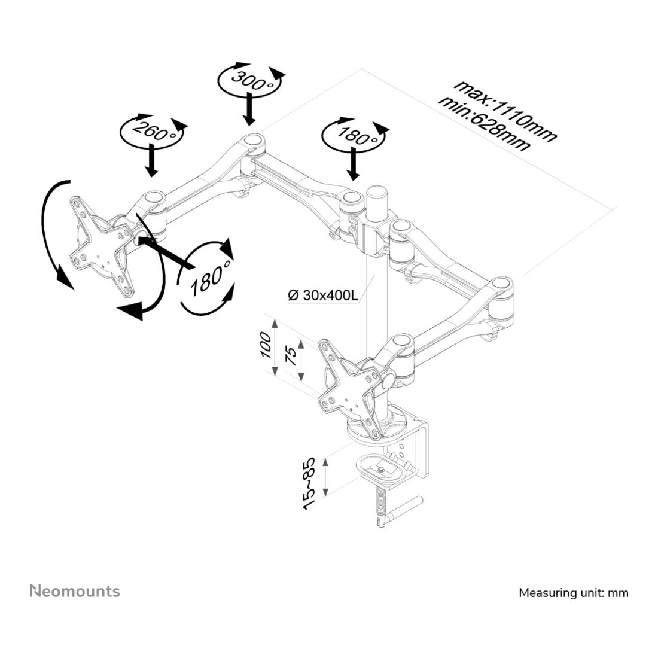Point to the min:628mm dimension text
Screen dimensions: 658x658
coord(484,124)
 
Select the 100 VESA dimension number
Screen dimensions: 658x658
coord(266,345)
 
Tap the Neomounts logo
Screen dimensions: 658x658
coord(75,591)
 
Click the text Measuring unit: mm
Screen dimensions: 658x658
coord(574,593)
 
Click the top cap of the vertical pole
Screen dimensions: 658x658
coord(377,191)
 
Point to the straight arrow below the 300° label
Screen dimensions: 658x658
coord(250,109)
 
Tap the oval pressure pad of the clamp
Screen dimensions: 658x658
coord(381,470)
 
